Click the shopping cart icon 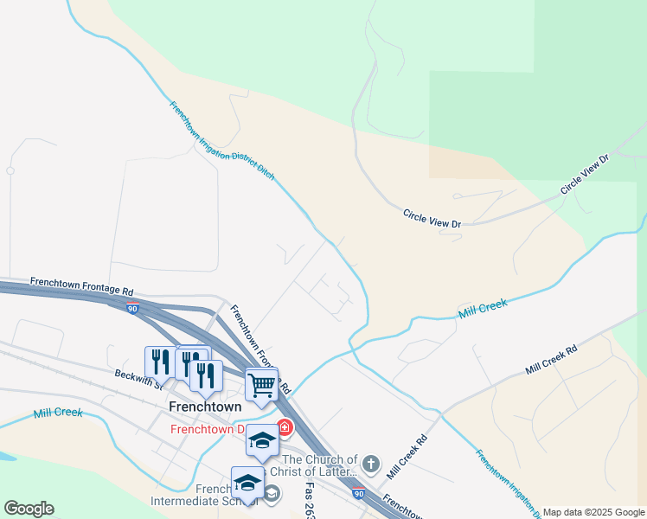[261, 383]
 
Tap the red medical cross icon [285, 429]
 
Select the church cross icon [370, 465]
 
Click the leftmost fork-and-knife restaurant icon [160, 362]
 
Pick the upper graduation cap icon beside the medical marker [261, 440]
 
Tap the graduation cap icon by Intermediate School [247, 483]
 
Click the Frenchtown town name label [205, 406]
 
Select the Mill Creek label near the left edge [58, 413]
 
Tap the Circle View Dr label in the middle [432, 218]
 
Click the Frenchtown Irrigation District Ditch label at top [221, 141]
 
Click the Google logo [29, 509]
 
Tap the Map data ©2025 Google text [593, 512]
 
